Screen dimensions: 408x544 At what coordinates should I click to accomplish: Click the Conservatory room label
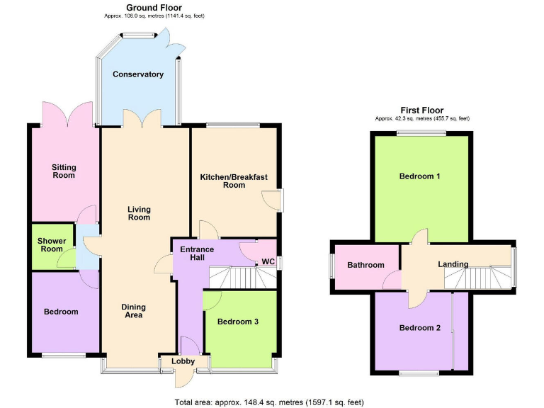138,74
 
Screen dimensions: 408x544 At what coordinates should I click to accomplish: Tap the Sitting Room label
64,171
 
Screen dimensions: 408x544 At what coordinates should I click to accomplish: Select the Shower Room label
52,245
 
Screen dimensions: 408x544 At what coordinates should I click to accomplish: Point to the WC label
268,261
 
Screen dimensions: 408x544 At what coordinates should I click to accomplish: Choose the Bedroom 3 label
237,322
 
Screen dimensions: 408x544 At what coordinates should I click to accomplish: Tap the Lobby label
183,361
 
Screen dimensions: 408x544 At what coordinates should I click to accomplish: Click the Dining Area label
133,311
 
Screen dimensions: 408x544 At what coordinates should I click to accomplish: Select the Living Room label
139,213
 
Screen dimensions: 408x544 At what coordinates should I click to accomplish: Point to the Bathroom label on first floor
365,265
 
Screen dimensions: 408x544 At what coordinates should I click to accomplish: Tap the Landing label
453,264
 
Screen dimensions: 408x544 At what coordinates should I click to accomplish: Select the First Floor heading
422,110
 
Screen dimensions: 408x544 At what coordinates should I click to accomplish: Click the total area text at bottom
269,402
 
